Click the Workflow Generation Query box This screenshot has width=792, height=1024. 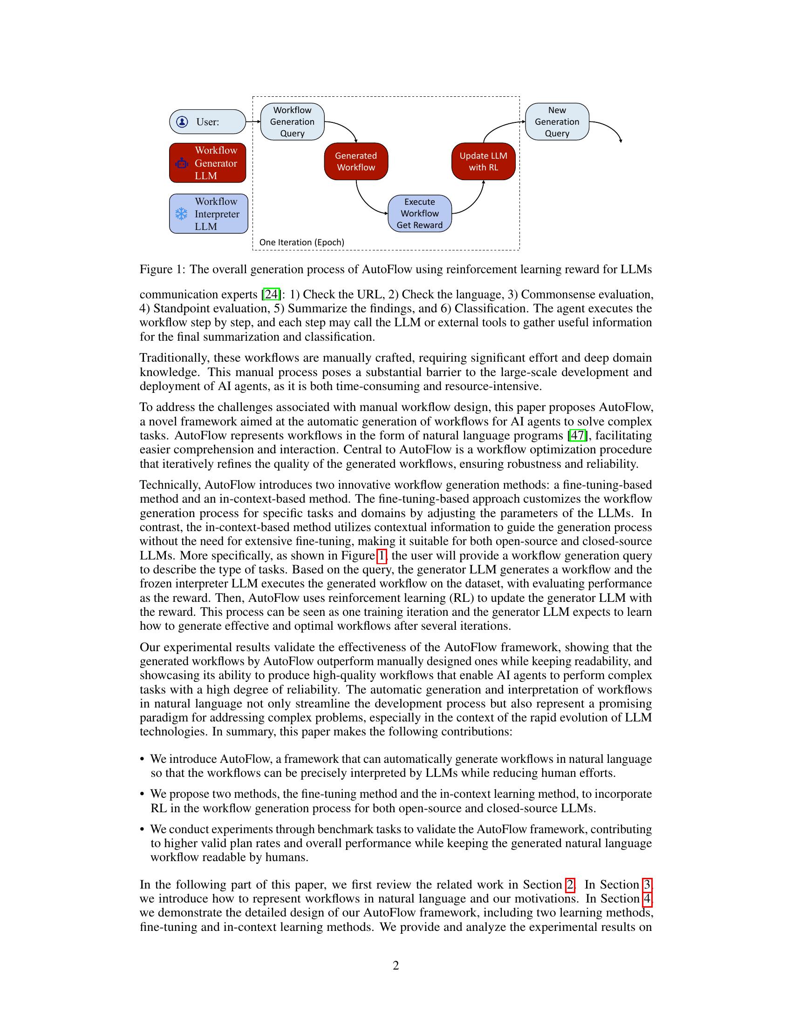[x=292, y=121]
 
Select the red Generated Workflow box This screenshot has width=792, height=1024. [x=355, y=162]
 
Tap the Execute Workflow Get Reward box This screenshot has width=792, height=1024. [x=419, y=213]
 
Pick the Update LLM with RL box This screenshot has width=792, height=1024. [x=483, y=162]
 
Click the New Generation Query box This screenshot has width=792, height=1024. [x=557, y=121]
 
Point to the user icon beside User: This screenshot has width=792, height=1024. [x=182, y=122]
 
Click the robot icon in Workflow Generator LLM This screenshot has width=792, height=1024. [x=182, y=164]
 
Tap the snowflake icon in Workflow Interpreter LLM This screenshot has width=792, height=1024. [x=181, y=214]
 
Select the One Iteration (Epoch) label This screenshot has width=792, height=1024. [x=302, y=243]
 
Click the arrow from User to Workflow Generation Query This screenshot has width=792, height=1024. [x=253, y=121]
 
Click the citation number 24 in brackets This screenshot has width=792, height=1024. [x=271, y=295]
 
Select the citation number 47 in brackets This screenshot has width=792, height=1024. [x=577, y=436]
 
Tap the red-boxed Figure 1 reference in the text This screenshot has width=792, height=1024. [x=382, y=556]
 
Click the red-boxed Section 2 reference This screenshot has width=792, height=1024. [x=570, y=885]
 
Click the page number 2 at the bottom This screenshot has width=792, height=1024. [x=396, y=965]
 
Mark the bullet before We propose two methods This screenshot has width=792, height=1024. [x=142, y=794]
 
